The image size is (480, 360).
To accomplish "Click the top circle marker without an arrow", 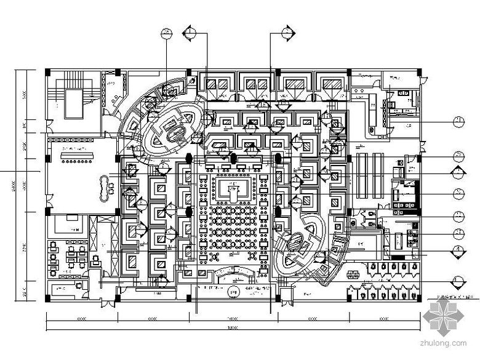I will [x=167, y=33].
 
